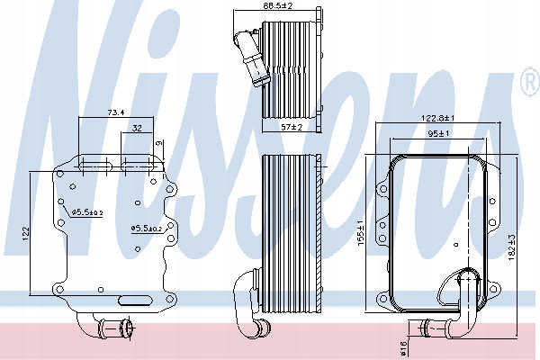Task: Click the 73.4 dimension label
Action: coord(115,112)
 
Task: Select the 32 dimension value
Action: coord(137,128)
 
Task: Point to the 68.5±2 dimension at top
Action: coord(277,5)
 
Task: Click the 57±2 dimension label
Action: coord(292,127)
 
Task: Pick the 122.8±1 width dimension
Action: coord(438,118)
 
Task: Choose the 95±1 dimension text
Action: coord(438,133)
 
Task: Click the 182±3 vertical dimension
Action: coord(511,247)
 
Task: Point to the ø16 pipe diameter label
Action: coord(403,347)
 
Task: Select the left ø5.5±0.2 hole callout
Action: coord(87,212)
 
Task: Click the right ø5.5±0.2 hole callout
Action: coord(147,228)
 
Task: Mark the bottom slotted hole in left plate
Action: coord(135,301)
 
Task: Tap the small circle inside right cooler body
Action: coord(456,245)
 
